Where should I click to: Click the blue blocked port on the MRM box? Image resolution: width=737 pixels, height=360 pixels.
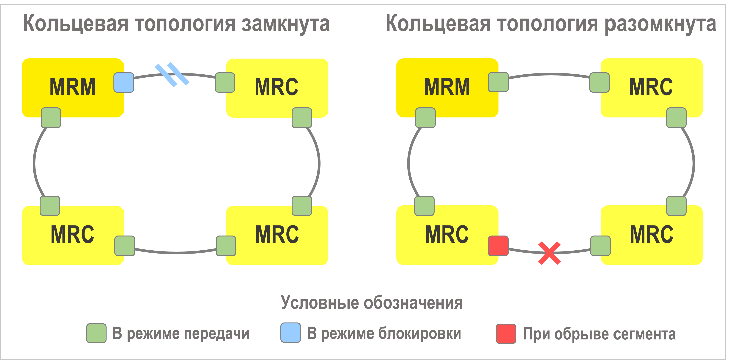(x=124, y=82)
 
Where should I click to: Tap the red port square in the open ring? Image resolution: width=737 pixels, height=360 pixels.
(x=498, y=246)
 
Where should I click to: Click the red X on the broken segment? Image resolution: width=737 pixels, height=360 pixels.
(x=549, y=252)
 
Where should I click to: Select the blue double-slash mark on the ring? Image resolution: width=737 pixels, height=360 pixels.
(x=172, y=75)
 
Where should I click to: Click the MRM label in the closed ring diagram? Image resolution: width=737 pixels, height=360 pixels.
(x=73, y=87)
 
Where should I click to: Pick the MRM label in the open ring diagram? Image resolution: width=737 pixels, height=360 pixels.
(x=447, y=87)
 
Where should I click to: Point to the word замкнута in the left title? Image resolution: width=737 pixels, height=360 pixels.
(x=286, y=24)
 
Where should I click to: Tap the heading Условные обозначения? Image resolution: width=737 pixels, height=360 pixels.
(x=372, y=303)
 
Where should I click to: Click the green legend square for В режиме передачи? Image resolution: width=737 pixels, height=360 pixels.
(x=96, y=333)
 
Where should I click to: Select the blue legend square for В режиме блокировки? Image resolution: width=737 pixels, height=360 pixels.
(x=291, y=333)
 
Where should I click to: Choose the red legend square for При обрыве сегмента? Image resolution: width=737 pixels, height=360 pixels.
(x=506, y=334)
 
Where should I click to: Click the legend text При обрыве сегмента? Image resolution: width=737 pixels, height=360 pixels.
(x=599, y=334)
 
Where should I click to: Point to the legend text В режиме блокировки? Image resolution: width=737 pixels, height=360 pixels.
(x=384, y=333)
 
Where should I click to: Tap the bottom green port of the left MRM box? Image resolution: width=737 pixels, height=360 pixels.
(x=51, y=117)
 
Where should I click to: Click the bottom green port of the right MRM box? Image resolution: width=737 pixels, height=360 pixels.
(x=426, y=117)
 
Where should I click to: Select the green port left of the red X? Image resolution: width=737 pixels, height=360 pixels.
(x=498, y=246)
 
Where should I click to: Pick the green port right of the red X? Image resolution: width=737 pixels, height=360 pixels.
(x=600, y=246)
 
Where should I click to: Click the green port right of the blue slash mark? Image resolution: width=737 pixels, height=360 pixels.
(x=225, y=82)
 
